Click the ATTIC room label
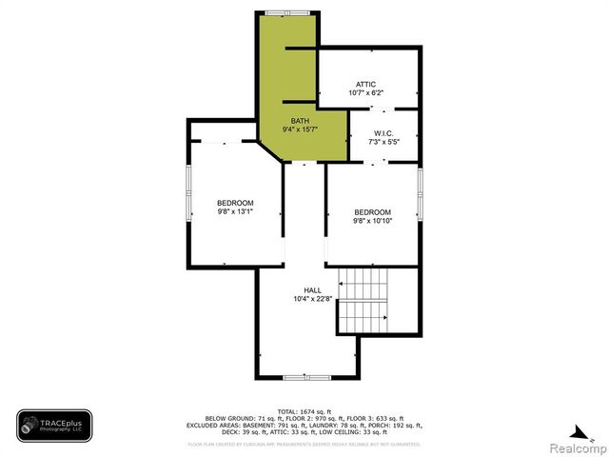point(366,84)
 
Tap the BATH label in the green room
point(300,120)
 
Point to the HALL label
point(312,289)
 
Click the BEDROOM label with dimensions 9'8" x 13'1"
point(235,203)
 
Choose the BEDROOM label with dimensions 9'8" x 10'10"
point(373,211)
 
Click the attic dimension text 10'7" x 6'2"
point(366,93)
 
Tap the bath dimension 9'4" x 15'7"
point(300,129)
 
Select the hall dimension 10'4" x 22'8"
point(312,299)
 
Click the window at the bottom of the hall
point(307,378)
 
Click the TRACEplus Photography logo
point(53,426)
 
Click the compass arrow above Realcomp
point(572,427)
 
